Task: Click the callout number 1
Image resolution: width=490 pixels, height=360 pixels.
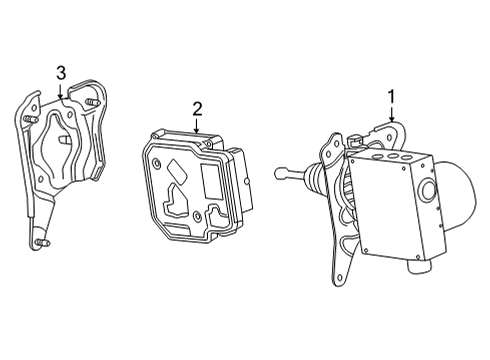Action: (391, 97)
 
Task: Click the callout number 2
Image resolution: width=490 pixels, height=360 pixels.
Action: (197, 108)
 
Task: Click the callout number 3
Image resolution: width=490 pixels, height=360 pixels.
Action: (61, 72)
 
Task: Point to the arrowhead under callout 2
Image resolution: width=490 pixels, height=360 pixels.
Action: (197, 132)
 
